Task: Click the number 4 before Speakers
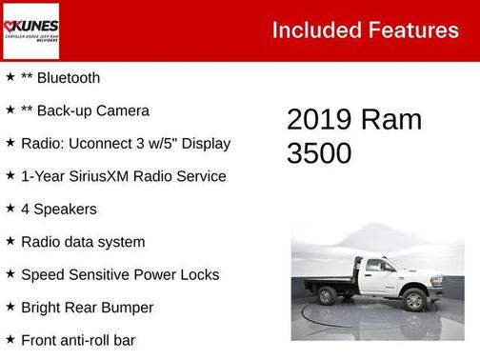pyautogui.click(x=26, y=209)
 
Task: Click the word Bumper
pyautogui.click(x=126, y=308)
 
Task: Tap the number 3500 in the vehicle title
pyautogui.click(x=319, y=153)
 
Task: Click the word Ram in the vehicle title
pyautogui.click(x=391, y=120)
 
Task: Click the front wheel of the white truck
pyautogui.click(x=414, y=300)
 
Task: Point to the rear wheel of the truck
pyautogui.click(x=328, y=296)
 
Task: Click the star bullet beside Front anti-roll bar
pyautogui.click(x=10, y=340)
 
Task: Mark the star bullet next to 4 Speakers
pyautogui.click(x=10, y=209)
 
